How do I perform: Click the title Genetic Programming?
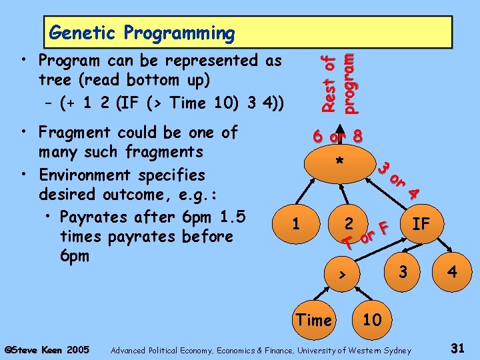141,32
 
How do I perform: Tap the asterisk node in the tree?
340,163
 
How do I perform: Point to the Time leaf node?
313,320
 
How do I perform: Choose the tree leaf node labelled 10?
371,320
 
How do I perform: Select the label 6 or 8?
338,136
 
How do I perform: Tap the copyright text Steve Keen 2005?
47,349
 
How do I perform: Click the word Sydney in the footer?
396,349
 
